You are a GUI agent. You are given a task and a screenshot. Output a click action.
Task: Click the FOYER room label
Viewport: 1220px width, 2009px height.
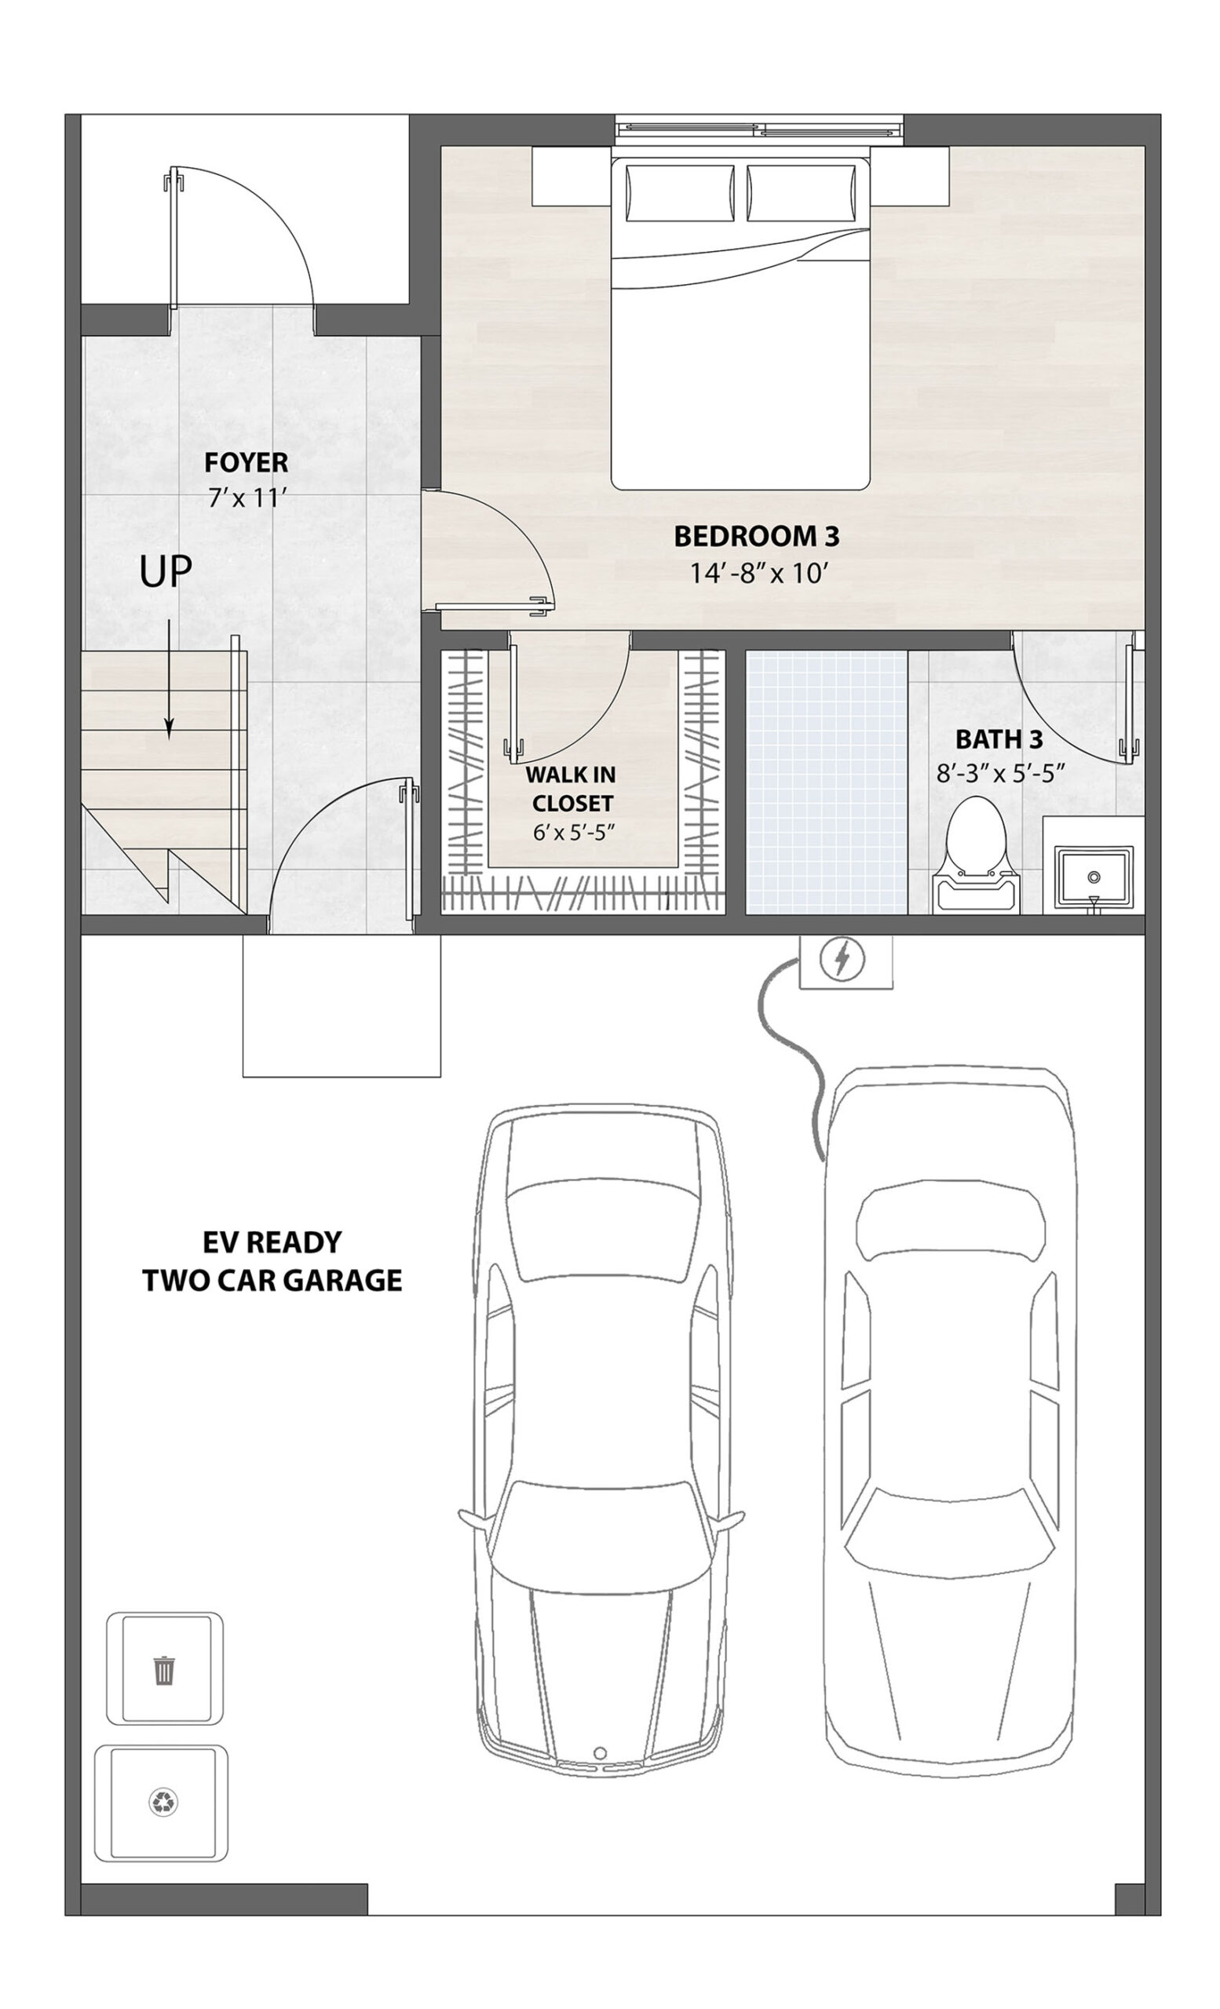coord(246,462)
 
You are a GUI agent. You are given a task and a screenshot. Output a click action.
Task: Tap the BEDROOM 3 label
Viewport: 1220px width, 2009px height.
coord(756,537)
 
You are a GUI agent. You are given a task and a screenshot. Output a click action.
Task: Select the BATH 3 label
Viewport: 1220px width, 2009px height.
coord(999,738)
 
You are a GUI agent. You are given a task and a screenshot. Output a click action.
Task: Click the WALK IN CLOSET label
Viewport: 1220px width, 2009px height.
coord(571,789)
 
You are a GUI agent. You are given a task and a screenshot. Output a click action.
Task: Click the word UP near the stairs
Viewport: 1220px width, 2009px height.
coord(166,572)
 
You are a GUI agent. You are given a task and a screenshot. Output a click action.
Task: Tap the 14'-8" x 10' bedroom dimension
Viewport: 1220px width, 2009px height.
coord(759,573)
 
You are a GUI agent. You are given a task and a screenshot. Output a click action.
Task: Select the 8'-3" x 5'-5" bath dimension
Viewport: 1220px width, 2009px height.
coord(1001,773)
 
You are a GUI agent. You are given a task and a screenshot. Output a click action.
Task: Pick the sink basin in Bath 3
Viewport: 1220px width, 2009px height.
coord(1093,877)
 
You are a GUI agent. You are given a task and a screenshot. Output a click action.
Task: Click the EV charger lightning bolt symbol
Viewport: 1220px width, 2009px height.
coord(844,958)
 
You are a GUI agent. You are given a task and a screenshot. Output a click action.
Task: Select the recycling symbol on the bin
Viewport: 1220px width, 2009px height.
coord(163,1802)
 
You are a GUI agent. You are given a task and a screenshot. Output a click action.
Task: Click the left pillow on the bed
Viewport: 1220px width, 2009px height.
coord(680,193)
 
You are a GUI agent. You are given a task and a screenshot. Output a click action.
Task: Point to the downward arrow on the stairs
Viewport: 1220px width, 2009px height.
coord(169,679)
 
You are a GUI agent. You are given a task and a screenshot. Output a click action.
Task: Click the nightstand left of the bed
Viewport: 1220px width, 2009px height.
coord(572,175)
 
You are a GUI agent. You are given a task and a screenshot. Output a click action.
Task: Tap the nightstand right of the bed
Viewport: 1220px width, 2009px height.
coord(909,175)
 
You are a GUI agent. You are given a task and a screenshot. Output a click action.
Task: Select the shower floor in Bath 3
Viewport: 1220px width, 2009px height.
coord(826,782)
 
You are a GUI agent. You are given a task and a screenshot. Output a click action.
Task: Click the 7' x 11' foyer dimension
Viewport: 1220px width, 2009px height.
coord(247,497)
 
